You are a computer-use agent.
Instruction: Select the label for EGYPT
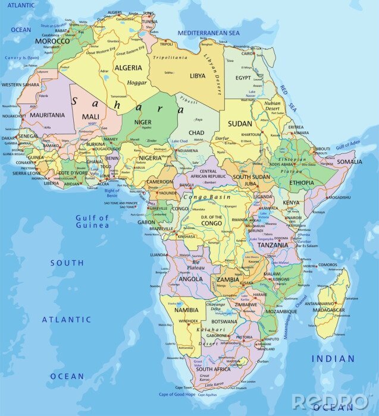[x=243, y=78]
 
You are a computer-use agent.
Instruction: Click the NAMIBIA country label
[x=186, y=310]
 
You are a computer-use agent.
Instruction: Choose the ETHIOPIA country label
[x=302, y=183]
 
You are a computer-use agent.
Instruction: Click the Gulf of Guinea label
[x=92, y=222]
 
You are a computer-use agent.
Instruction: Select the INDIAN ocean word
[x=333, y=359]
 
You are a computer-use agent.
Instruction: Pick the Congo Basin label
[x=206, y=196]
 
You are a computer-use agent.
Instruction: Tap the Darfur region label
[x=222, y=138]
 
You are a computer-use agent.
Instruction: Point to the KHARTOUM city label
[x=251, y=134]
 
